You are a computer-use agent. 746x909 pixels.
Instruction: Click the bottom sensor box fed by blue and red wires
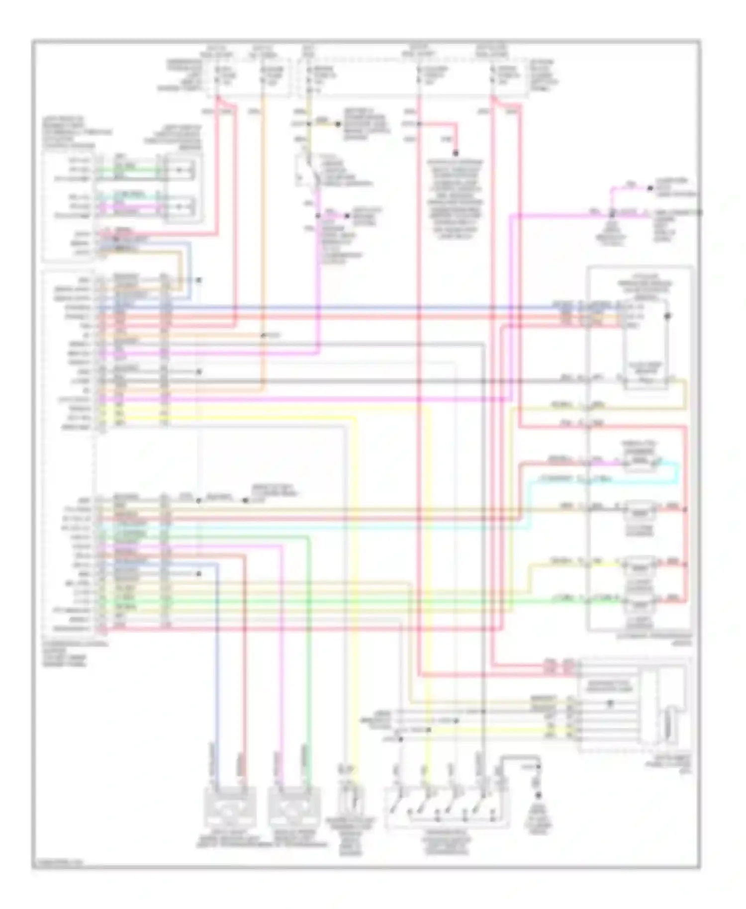point(231,806)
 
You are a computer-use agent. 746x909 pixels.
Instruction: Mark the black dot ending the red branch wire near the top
point(455,153)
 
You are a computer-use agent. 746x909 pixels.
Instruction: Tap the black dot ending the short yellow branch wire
point(338,124)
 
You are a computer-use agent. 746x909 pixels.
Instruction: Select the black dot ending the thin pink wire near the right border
point(650,188)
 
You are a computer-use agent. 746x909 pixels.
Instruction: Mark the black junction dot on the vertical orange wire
point(263,336)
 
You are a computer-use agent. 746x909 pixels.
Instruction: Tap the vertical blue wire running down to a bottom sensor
point(217,671)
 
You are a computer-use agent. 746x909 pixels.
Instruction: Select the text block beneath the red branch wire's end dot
point(455,199)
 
